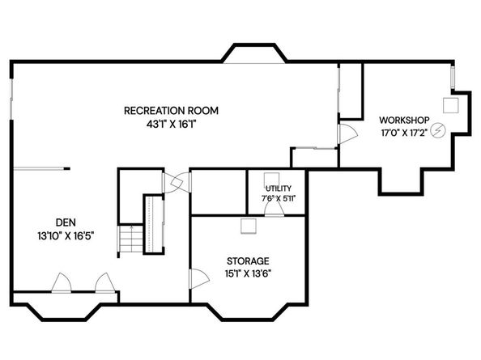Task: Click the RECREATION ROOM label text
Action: coord(171,110)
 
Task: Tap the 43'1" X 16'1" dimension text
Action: coord(171,125)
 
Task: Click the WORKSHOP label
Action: coord(404,121)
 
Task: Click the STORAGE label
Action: coord(248,261)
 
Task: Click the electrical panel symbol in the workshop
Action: coord(440,129)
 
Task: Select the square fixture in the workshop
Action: coord(450,104)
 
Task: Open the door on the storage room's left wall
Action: coord(195,280)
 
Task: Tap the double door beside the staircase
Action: coord(172,184)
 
